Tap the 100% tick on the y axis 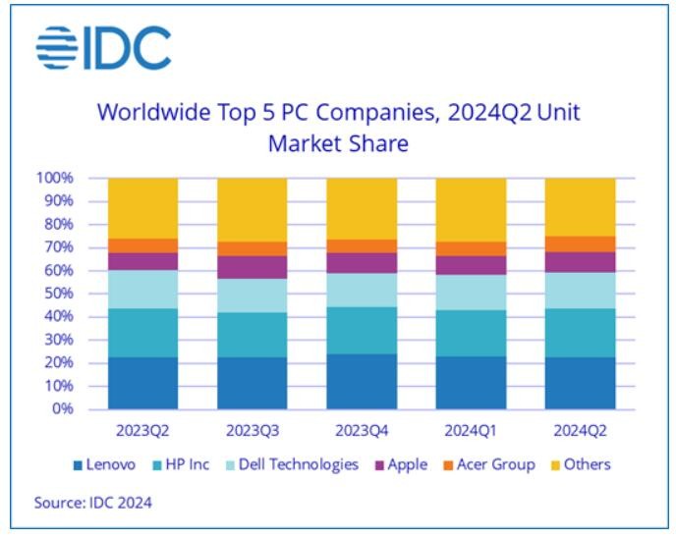(55, 179)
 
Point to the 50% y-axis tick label (58, 294)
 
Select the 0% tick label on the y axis (63, 408)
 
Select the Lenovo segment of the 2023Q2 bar (143, 382)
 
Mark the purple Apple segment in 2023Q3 (253, 267)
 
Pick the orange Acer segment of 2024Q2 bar (580, 243)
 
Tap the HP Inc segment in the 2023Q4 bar (362, 330)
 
